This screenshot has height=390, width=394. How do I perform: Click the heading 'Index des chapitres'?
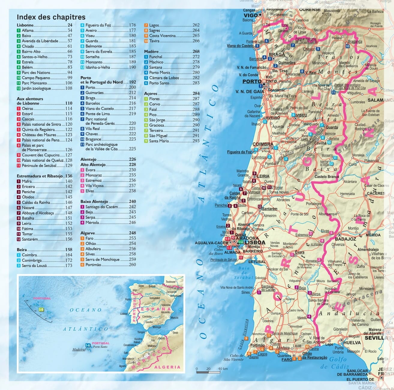(51, 17)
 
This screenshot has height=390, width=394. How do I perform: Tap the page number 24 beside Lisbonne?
(70, 25)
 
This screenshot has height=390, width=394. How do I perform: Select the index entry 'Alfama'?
(28, 31)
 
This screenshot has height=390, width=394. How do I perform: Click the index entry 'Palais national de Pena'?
(41, 140)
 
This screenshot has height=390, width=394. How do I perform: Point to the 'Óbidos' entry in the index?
(28, 197)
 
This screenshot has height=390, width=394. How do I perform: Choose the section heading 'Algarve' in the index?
(88, 233)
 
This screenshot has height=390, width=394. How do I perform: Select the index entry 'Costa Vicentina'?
(162, 36)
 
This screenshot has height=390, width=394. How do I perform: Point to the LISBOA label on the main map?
(255, 242)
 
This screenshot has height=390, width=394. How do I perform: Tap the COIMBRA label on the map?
(263, 144)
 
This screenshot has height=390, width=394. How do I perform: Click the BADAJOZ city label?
(345, 239)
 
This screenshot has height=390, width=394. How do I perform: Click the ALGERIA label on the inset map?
(167, 367)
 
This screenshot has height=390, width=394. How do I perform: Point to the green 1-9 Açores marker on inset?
(41, 309)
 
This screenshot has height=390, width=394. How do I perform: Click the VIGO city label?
(251, 15)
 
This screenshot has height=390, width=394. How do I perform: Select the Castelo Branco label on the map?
(327, 177)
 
